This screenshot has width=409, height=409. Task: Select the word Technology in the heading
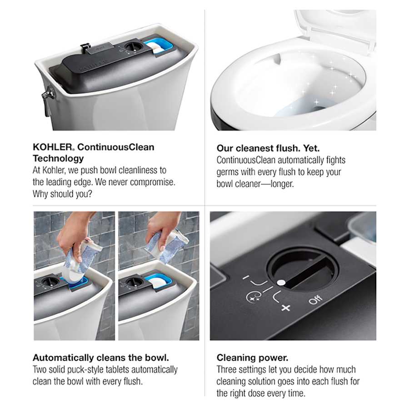58,159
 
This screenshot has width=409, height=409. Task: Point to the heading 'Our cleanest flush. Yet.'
268,148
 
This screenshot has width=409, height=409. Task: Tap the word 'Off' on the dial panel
315,299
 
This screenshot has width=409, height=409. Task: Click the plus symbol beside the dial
285,308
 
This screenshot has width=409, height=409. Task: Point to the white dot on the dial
281,283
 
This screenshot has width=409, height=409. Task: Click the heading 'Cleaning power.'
252,358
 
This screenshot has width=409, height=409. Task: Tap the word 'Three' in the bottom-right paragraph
227,369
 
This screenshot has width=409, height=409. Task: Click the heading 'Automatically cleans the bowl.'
101,358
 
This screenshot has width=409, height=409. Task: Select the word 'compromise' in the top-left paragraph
152,182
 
